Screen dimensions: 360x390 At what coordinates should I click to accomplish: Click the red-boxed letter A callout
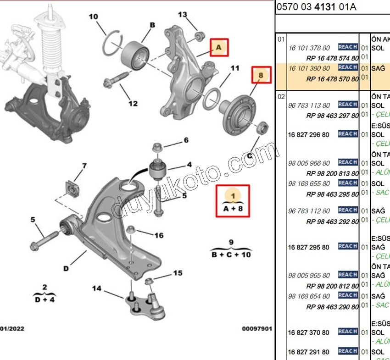(219, 47)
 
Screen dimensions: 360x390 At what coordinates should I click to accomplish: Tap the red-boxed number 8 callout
(260, 75)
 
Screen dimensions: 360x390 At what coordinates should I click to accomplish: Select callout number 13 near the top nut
(183, 15)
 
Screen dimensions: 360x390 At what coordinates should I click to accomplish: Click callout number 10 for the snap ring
(93, 17)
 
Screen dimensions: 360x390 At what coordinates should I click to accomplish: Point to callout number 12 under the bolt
(133, 104)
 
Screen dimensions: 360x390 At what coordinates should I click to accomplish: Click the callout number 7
(84, 166)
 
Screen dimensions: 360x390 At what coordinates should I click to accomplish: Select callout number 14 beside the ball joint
(96, 288)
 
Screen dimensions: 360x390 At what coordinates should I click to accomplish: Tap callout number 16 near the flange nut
(159, 236)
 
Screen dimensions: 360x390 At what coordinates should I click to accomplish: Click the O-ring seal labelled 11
(211, 97)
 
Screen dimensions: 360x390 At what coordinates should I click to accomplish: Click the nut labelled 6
(156, 148)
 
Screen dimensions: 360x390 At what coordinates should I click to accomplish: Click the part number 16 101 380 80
(309, 68)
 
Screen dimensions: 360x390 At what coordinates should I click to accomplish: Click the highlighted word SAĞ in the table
(378, 68)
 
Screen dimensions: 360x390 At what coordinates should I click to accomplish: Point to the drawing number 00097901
(257, 329)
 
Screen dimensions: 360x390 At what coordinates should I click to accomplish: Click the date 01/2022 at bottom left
(12, 329)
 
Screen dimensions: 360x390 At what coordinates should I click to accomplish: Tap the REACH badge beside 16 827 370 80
(348, 332)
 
